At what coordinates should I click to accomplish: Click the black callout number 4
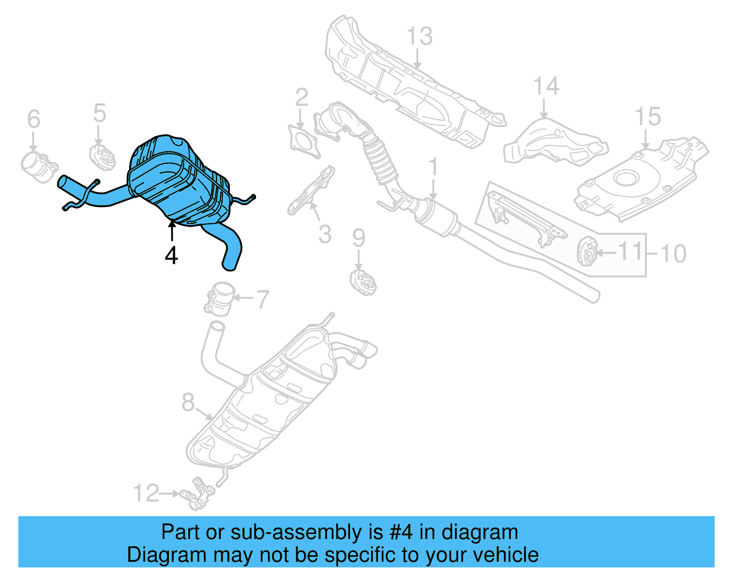click(x=171, y=256)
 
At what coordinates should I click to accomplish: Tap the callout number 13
click(x=419, y=36)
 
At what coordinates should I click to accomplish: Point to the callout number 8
click(x=188, y=403)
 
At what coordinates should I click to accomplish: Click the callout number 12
click(x=146, y=493)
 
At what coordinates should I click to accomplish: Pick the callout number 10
click(x=673, y=253)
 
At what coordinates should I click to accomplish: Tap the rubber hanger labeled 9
click(x=363, y=283)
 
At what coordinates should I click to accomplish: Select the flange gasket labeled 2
click(x=304, y=141)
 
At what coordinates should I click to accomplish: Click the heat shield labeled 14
click(x=554, y=142)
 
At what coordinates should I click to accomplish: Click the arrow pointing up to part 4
click(x=172, y=231)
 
